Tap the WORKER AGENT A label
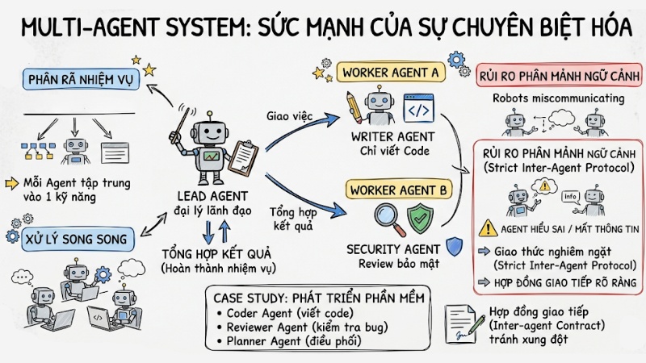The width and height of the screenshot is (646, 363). click(391, 73)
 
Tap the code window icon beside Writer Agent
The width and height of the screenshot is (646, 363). click(419, 107)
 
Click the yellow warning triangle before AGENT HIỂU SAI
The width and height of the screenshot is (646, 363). click(487, 228)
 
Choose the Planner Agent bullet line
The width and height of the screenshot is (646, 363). click(283, 342)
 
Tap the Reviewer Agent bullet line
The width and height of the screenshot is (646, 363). click(296, 328)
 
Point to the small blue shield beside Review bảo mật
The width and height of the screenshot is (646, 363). click(454, 248)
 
